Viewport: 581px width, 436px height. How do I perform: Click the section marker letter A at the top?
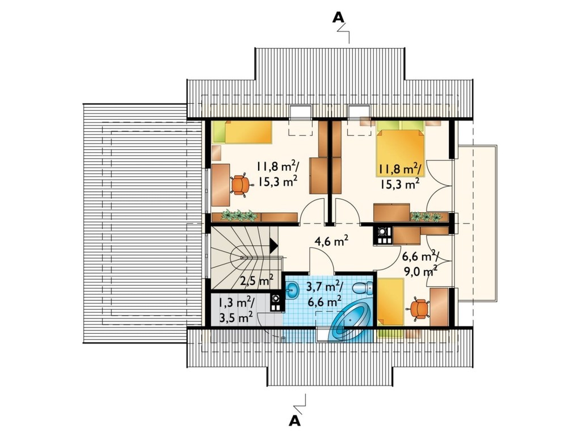coord(338,17)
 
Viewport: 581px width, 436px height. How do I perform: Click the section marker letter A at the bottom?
coord(294,421)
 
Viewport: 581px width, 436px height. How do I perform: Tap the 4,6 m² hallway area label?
coord(331,241)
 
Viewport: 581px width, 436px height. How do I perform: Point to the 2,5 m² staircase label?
coord(256,280)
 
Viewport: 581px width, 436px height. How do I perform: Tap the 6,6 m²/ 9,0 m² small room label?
coord(420,263)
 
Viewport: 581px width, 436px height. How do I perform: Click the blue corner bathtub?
coord(351,321)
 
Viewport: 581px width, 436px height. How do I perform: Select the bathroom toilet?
coord(363,288)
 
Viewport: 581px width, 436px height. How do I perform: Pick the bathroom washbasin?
coord(292,289)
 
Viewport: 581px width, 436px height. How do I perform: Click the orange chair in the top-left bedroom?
coord(240,185)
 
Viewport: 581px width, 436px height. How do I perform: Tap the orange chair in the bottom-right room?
coord(418,308)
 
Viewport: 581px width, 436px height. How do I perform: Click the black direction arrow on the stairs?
coord(273,245)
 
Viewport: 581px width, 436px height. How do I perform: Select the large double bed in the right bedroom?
coord(400,149)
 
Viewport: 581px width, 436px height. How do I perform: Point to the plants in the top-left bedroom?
coord(239,215)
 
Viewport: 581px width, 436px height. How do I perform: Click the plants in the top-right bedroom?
coord(427,216)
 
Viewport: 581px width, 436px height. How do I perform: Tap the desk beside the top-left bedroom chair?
coord(221,185)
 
